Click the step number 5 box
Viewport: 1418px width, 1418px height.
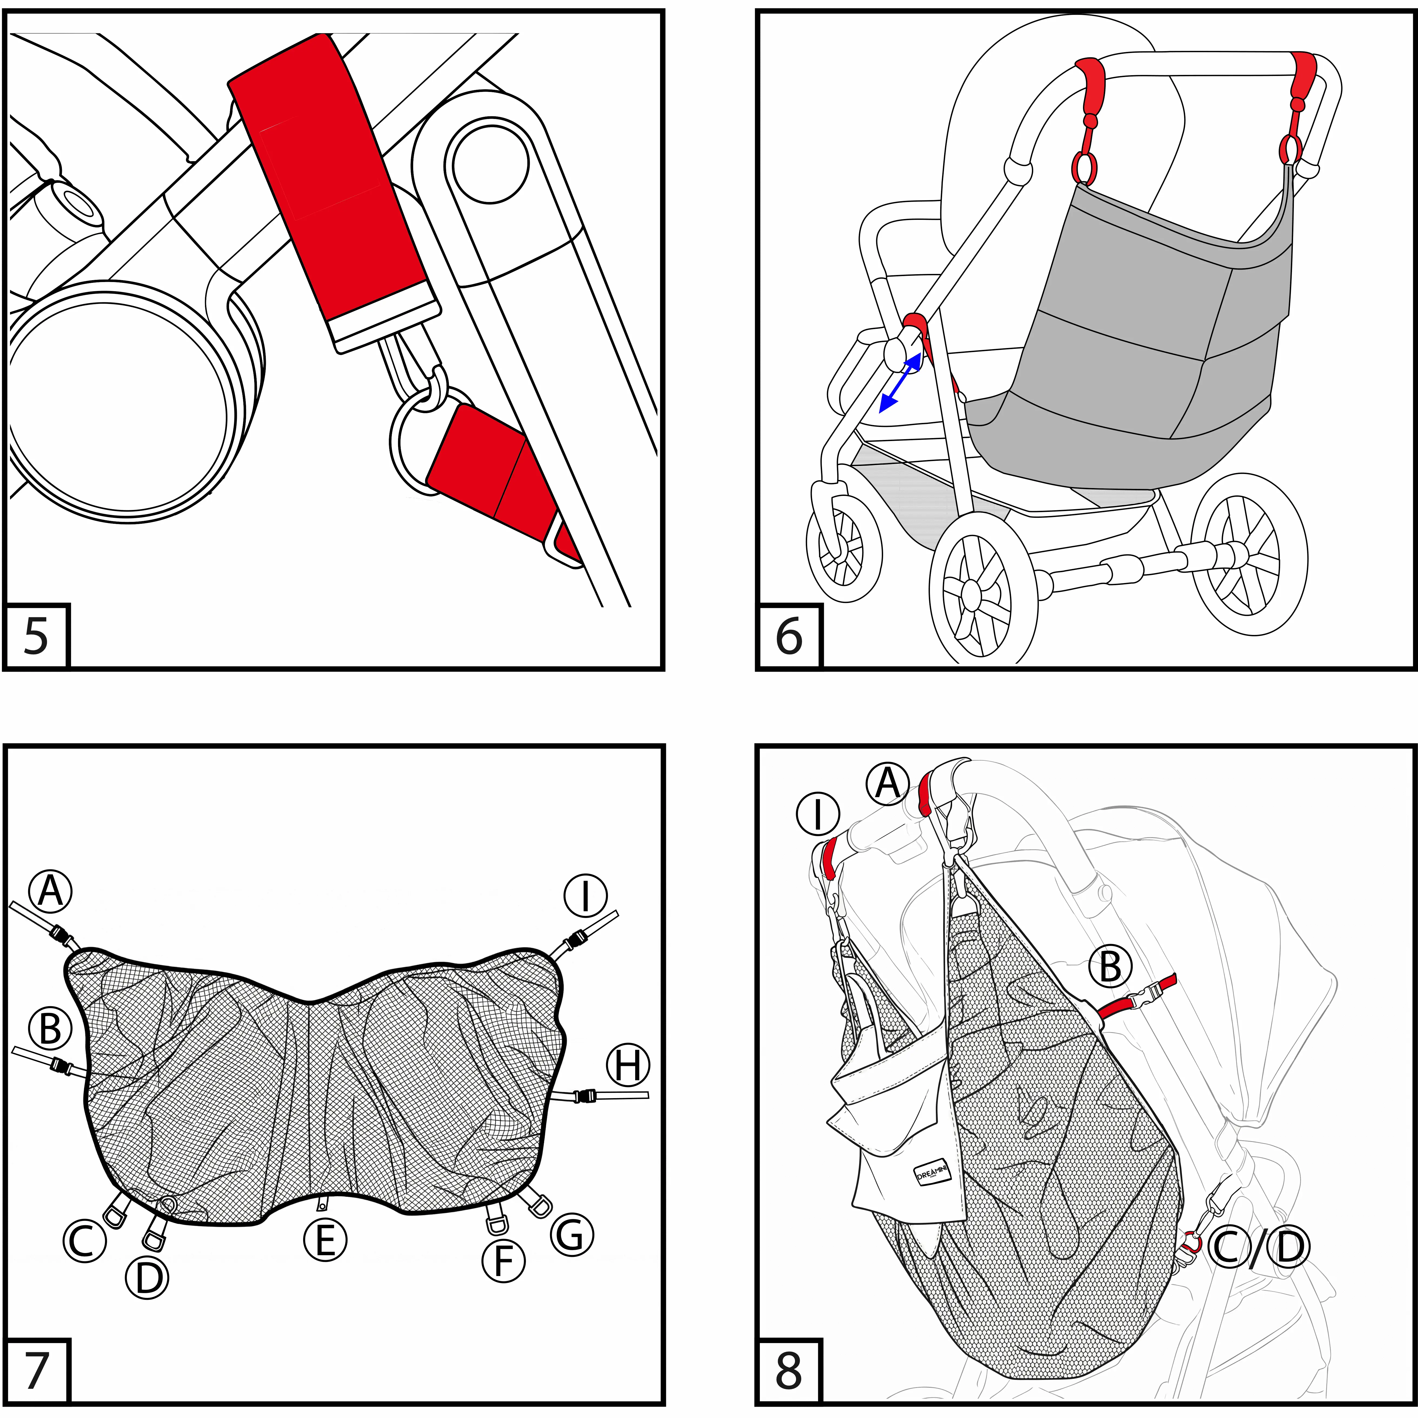click(x=37, y=636)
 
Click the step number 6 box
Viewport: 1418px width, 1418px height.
click(x=789, y=636)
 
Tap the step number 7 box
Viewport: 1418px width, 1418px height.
click(x=37, y=1370)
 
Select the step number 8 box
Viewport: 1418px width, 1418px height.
click(x=789, y=1370)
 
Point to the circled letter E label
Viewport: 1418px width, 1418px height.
click(x=325, y=1240)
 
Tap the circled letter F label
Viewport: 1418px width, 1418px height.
click(x=503, y=1261)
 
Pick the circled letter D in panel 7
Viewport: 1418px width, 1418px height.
click(x=148, y=1277)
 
